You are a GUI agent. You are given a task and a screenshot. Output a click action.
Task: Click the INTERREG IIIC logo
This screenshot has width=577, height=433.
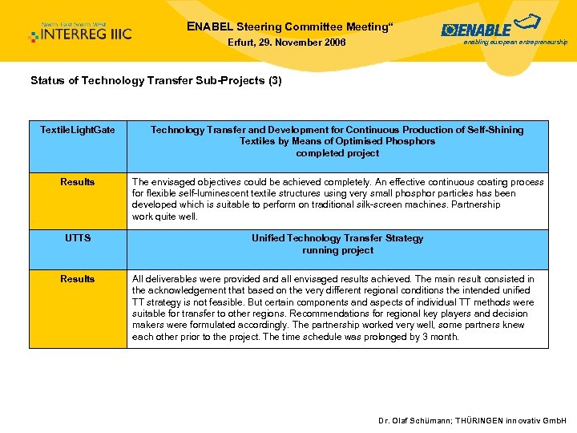(x=80, y=32)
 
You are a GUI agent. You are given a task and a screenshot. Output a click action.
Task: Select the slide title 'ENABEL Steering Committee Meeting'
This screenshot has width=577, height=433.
(x=289, y=26)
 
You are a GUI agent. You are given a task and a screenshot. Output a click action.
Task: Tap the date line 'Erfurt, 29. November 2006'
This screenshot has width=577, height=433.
(x=286, y=42)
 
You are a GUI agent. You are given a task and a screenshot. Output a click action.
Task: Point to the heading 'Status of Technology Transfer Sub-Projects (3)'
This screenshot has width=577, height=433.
(x=155, y=81)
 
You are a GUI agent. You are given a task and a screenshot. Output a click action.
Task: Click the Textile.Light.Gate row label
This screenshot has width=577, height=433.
(x=78, y=130)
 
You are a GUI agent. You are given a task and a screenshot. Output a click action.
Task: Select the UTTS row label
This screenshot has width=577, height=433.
(x=78, y=238)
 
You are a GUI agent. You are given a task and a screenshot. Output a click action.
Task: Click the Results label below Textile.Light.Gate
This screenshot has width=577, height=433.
(x=78, y=182)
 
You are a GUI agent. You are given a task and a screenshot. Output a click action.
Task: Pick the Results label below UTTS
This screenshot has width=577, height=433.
(x=78, y=279)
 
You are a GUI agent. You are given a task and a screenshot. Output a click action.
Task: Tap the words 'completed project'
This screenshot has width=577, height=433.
(x=337, y=153)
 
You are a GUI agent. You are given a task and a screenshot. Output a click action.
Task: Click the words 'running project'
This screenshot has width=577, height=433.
(x=337, y=250)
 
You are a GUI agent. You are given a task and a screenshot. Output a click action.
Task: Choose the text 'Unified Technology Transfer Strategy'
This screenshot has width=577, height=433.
(x=337, y=238)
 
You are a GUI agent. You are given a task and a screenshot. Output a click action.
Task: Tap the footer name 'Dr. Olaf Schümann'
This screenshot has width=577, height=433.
(x=415, y=421)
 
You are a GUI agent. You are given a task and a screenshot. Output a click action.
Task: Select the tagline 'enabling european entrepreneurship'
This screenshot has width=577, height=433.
(x=515, y=42)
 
